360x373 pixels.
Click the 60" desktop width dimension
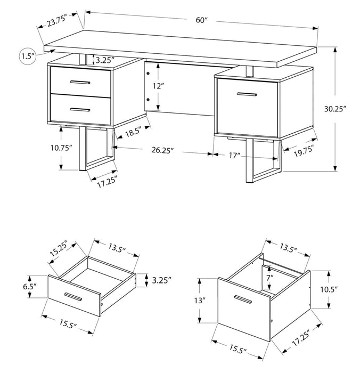click(201, 20)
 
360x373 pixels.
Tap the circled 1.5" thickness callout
click(27, 56)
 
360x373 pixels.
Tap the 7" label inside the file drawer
click(270, 278)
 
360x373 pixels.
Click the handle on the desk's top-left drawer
click(80, 82)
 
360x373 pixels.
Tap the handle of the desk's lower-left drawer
click(80, 109)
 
